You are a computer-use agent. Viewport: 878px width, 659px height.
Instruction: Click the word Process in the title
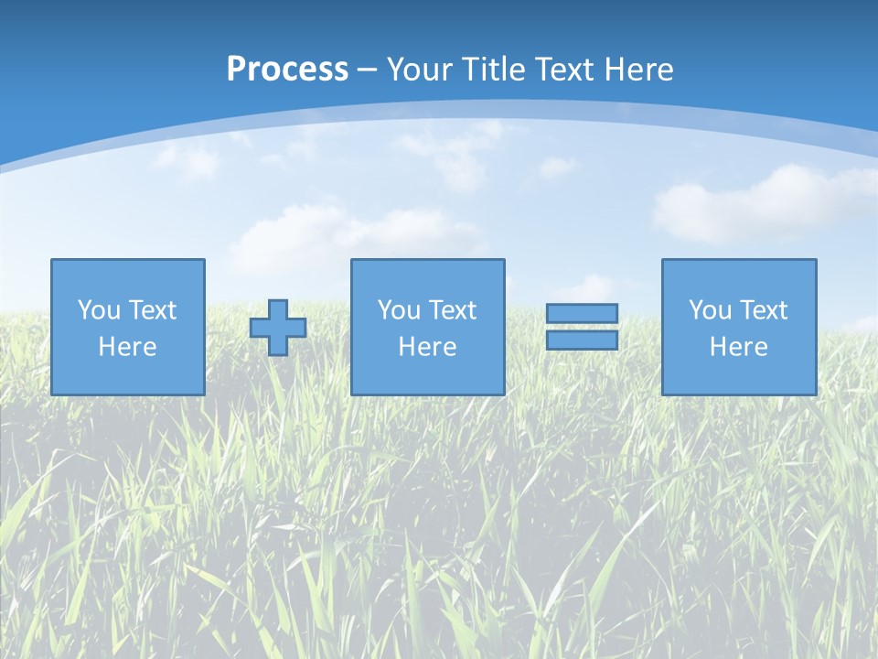[x=287, y=70]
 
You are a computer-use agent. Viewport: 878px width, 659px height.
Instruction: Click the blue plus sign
[x=278, y=328]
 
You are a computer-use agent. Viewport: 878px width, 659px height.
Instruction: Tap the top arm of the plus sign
[x=278, y=308]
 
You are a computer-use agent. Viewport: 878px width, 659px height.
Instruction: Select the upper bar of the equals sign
[x=582, y=313]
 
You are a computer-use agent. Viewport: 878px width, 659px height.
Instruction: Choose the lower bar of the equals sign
[x=582, y=340]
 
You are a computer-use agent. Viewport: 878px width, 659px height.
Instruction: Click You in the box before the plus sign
[x=99, y=310]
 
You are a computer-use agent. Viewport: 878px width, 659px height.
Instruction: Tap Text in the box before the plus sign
[x=152, y=310]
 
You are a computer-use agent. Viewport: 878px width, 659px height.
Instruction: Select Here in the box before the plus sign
[x=127, y=347]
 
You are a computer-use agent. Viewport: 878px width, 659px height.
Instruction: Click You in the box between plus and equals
[x=399, y=310]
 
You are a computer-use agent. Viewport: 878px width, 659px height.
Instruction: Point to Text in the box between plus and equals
[x=452, y=310]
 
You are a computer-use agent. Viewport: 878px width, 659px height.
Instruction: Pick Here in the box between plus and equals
[x=427, y=347]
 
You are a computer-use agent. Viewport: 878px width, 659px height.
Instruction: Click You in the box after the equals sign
[x=710, y=310]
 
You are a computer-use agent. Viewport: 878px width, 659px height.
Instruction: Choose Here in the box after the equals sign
[x=738, y=347]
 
